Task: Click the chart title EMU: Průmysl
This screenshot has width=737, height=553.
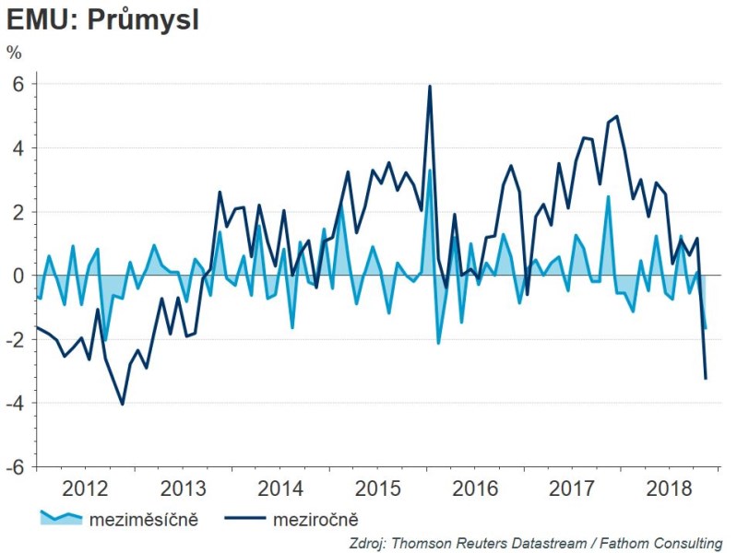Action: [x=103, y=21]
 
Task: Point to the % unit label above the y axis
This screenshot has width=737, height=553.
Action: [x=14, y=53]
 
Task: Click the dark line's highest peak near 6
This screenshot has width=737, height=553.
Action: [x=430, y=87]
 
